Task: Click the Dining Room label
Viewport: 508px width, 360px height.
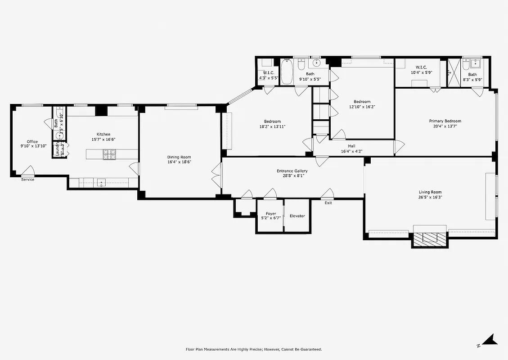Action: tap(179, 157)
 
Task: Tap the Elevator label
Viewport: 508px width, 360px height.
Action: tap(297, 216)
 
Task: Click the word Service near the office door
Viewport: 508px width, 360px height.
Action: tap(27, 180)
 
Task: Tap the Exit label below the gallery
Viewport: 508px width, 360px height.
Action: tap(328, 203)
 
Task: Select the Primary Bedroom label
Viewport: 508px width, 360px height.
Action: tap(445, 121)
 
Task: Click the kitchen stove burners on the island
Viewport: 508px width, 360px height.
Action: tap(109, 155)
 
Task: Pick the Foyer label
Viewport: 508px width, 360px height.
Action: tap(271, 213)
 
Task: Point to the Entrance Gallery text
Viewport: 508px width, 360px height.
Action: tap(292, 171)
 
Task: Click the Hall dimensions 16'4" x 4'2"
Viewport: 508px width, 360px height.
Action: tap(351, 152)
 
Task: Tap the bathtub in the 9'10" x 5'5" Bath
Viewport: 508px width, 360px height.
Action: tap(287, 72)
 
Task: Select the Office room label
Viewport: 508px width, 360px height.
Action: tap(32, 142)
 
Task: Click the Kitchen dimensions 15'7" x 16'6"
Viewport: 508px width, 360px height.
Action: tap(103, 139)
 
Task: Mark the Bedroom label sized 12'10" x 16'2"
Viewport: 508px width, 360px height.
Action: tap(362, 102)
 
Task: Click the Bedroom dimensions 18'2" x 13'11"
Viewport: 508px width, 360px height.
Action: tap(272, 126)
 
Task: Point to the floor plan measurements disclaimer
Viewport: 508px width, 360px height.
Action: tap(254, 349)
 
